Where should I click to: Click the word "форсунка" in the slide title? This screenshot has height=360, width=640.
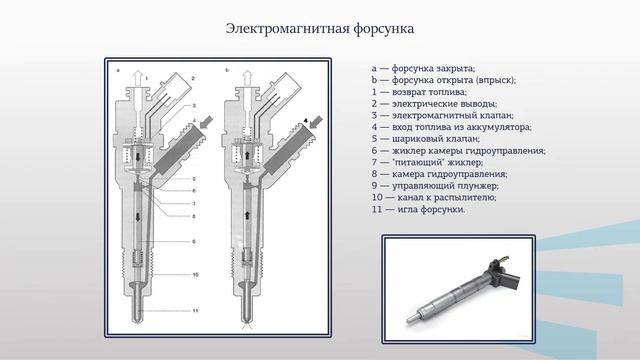[384, 29]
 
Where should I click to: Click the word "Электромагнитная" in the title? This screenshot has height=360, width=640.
[287, 29]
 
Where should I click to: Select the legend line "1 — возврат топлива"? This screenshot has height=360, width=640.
[419, 92]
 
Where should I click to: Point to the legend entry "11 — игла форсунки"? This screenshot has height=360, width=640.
[418, 209]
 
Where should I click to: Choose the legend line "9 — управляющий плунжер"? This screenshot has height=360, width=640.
[435, 186]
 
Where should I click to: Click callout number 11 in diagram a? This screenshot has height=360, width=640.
[195, 311]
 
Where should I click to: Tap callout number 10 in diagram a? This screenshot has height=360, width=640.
[195, 275]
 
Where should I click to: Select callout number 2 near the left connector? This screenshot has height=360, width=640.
[193, 78]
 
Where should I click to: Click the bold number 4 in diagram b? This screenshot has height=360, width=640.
[306, 121]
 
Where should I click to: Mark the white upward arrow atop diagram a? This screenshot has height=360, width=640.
[138, 78]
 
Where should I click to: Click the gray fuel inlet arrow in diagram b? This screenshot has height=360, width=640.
[316, 122]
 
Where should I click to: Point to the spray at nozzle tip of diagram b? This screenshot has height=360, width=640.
[246, 327]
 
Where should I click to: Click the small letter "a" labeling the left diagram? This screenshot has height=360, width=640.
[118, 71]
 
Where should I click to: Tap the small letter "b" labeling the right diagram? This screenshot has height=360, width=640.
[227, 70]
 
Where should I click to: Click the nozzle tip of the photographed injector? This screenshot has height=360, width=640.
[410, 320]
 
